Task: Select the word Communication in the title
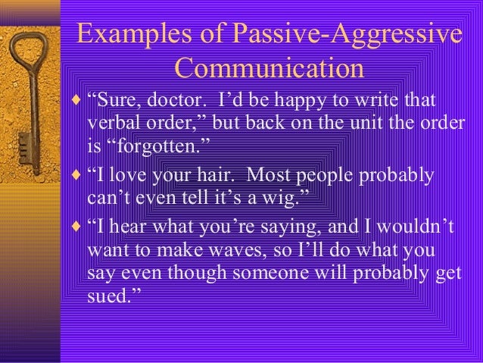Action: (269, 70)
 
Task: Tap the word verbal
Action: (113, 124)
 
